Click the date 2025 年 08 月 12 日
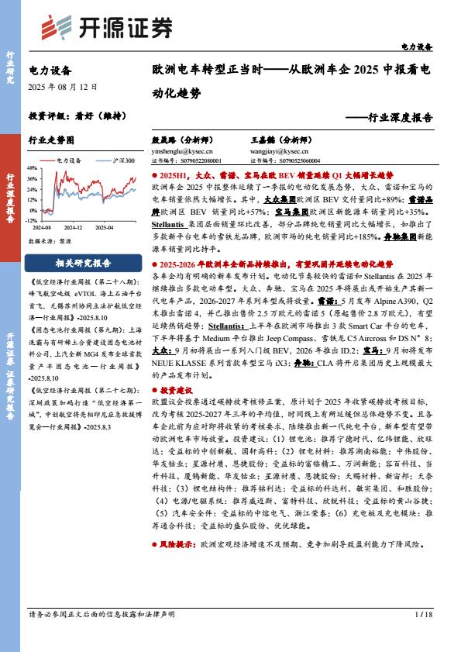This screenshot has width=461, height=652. (x=62, y=87)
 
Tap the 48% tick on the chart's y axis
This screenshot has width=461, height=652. (x=33, y=168)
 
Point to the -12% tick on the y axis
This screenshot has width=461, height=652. (x=32, y=219)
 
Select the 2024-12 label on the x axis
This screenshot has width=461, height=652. (x=74, y=228)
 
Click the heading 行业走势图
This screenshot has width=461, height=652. (x=51, y=141)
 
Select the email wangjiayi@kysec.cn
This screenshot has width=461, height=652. (x=275, y=152)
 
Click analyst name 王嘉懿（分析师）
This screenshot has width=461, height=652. (x=282, y=141)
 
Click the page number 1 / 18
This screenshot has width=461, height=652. (x=422, y=614)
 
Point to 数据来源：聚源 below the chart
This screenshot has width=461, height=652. (x=51, y=241)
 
